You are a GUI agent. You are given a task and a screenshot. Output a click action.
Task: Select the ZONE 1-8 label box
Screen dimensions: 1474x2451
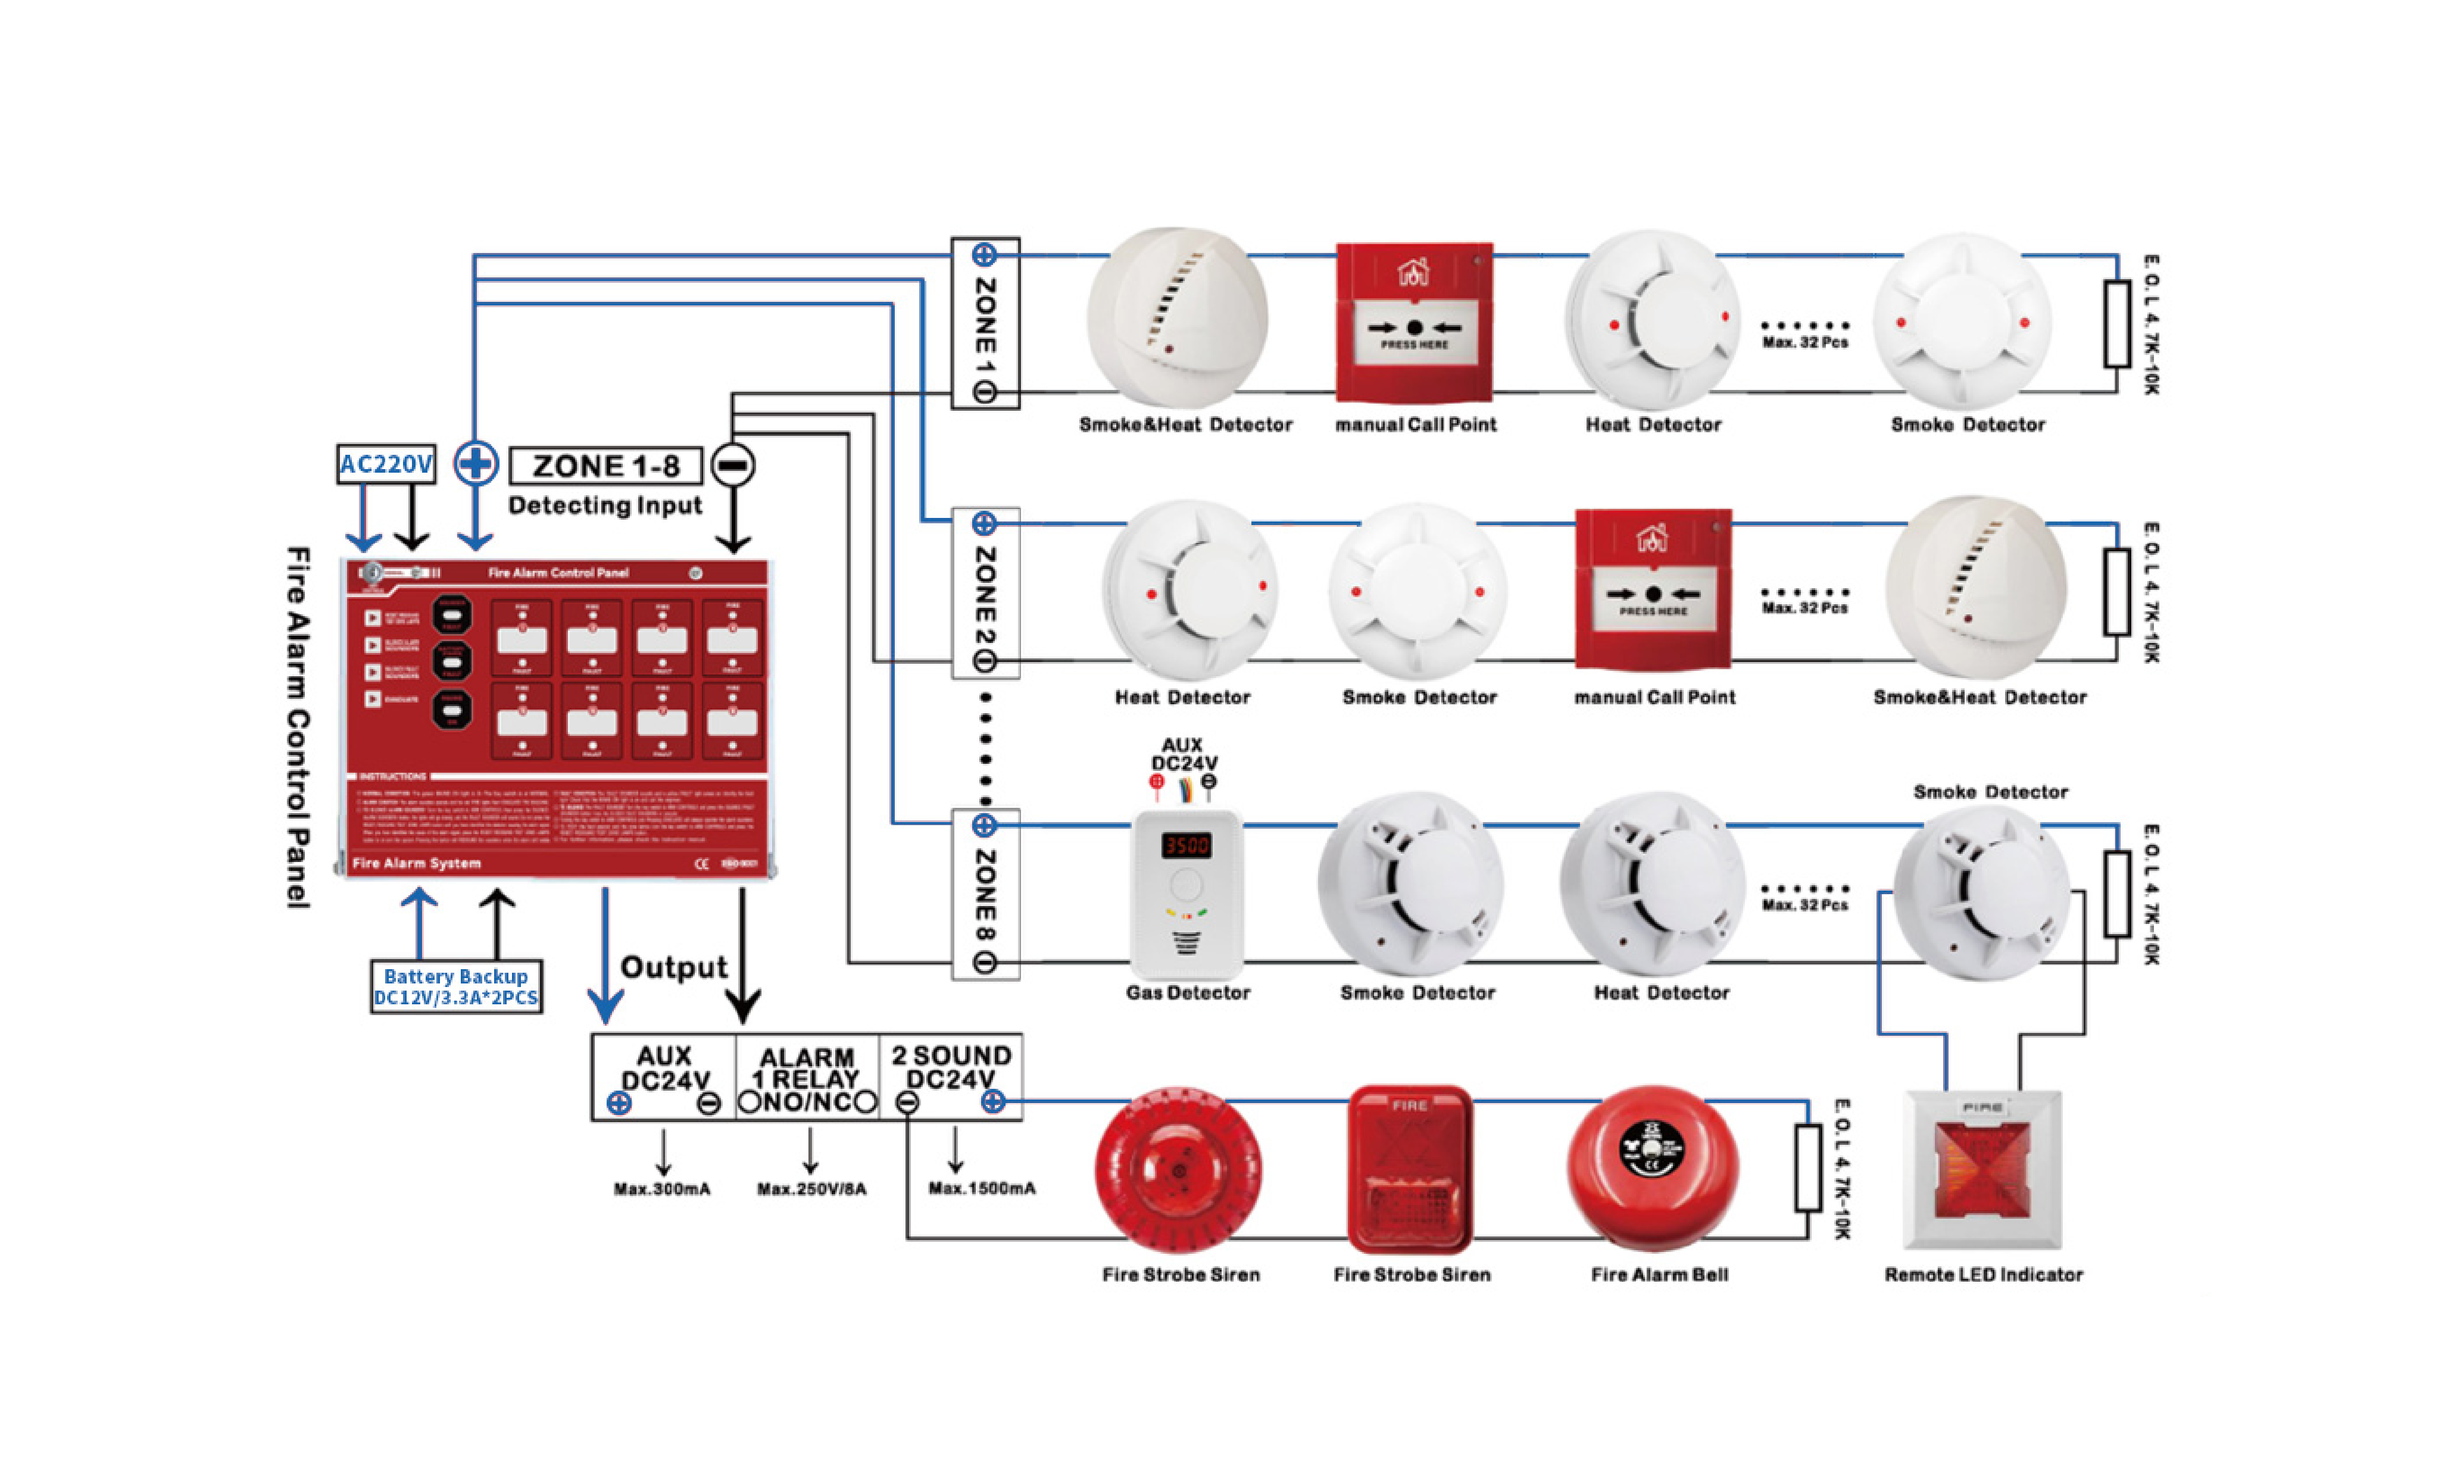click(606, 466)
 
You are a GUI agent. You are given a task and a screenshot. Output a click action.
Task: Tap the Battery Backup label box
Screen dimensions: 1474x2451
click(456, 986)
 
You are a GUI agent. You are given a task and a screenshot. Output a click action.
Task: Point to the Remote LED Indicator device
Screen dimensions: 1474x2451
click(1982, 1170)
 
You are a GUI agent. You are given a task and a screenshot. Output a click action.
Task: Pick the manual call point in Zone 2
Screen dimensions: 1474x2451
click(1653, 589)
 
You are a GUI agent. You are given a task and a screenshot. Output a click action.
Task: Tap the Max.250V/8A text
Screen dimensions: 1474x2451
click(811, 1189)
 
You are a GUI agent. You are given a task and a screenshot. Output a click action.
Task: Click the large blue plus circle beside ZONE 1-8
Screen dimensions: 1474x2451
click(476, 463)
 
